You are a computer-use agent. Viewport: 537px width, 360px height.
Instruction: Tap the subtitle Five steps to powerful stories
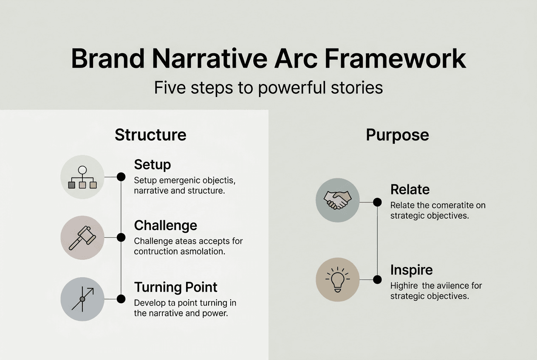tap(268, 88)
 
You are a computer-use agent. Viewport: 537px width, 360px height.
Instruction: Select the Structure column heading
tap(150, 135)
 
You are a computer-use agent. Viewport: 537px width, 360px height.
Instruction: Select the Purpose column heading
tap(397, 135)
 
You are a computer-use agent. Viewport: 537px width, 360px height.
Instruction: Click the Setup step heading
tap(152, 164)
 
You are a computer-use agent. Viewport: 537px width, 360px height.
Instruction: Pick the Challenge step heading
tap(165, 225)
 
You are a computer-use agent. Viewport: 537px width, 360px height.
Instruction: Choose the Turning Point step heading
tap(175, 287)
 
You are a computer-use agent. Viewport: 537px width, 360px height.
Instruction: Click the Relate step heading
tap(410, 189)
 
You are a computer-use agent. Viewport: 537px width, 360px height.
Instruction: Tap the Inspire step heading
tap(411, 270)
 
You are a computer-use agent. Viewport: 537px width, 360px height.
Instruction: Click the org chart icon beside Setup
tap(82, 177)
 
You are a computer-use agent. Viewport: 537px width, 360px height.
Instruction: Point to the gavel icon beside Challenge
tap(82, 238)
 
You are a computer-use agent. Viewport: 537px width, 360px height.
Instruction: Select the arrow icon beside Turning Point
tap(82, 299)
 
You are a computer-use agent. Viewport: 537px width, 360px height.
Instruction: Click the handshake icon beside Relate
tap(338, 200)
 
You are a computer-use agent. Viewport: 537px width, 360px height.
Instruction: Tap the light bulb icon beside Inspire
tap(338, 279)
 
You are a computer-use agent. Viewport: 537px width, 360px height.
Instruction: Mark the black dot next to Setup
tap(121, 177)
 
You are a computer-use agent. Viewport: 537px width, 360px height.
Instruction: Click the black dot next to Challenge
tap(121, 237)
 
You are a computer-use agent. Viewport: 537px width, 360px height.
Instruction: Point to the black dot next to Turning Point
tap(121, 299)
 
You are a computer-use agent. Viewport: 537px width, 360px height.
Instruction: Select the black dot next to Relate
tap(377, 202)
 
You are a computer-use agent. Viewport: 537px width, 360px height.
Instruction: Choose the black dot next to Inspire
tap(377, 279)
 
